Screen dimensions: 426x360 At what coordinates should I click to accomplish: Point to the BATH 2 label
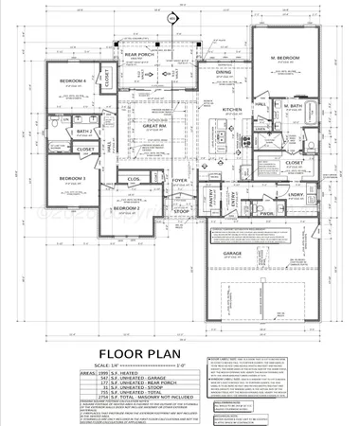[x=83, y=132]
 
